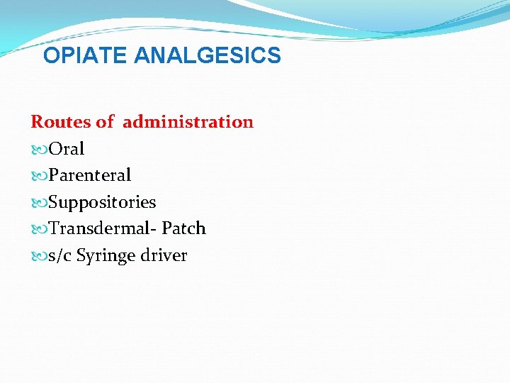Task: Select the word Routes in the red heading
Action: coord(61,122)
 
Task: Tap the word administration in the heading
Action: coord(188,122)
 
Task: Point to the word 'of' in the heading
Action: coord(105,122)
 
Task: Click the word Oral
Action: coord(66,149)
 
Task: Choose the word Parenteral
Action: coord(89,175)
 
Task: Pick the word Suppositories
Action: coord(102,202)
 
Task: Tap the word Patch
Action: coord(183,228)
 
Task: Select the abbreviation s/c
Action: coord(59,255)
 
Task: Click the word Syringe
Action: coord(105,256)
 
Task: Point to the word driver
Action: coord(164,255)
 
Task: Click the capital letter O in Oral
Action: coord(55,149)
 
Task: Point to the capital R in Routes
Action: coord(37,122)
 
